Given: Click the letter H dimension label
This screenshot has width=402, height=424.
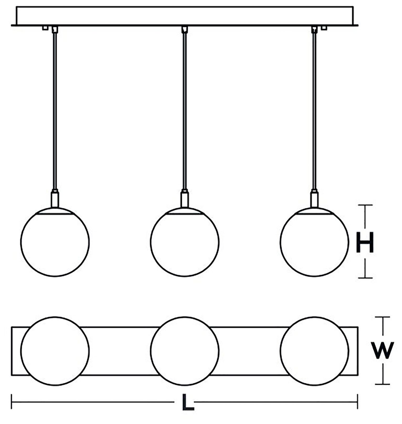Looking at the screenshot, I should (x=365, y=242).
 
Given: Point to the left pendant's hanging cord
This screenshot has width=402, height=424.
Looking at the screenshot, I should (x=55, y=110).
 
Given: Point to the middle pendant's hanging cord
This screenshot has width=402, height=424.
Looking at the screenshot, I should (x=184, y=110).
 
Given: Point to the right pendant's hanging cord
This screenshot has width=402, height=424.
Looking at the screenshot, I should (x=314, y=110).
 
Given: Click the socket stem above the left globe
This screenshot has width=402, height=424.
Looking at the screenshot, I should (x=55, y=199).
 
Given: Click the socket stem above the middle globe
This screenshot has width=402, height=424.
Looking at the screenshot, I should (x=184, y=199).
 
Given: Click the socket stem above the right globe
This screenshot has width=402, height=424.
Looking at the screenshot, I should (x=314, y=199).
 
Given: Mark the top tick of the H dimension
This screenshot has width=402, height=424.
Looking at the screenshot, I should (x=365, y=205).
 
